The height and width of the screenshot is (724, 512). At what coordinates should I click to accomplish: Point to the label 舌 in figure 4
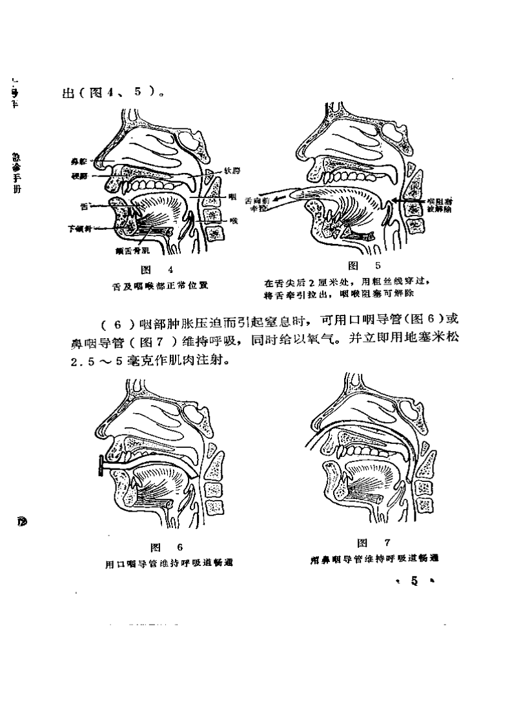[x=83, y=206]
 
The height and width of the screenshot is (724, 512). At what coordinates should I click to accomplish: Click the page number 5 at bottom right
[x=414, y=581]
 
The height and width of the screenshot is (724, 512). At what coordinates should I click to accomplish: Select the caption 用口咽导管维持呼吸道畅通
[x=169, y=563]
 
